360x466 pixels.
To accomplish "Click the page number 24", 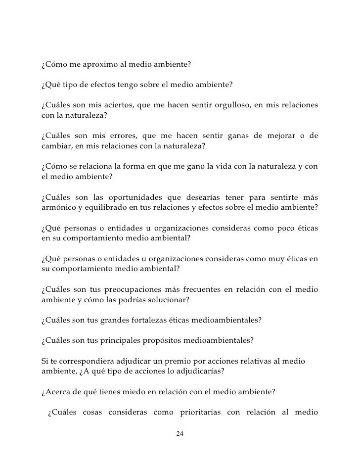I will [180, 434].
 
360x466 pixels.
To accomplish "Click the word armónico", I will [56, 207].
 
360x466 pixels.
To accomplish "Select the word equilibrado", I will [101, 207].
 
